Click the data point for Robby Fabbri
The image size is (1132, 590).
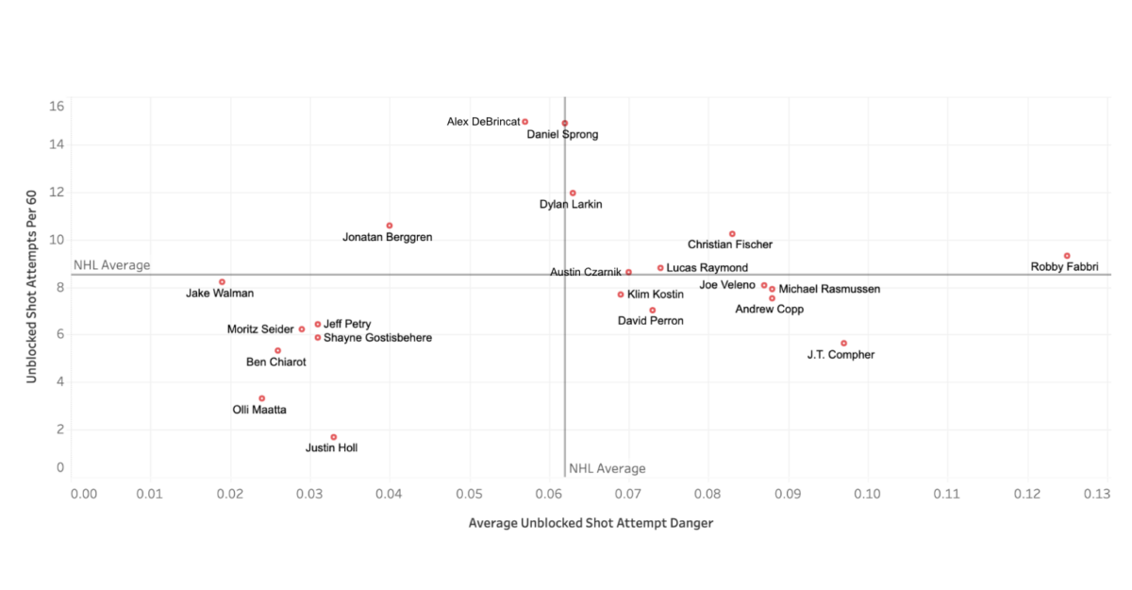pyautogui.click(x=1067, y=256)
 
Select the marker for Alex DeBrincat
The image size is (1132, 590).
pyautogui.click(x=525, y=122)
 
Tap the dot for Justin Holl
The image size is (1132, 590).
pyautogui.click(x=334, y=437)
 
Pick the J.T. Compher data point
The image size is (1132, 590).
pyautogui.click(x=843, y=344)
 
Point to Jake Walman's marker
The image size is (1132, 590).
pyautogui.click(x=223, y=282)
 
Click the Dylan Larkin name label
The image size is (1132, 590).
pyautogui.click(x=570, y=204)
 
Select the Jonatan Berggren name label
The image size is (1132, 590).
pyautogui.click(x=387, y=237)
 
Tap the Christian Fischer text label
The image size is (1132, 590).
pyautogui.click(x=729, y=244)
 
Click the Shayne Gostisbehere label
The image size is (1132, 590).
pyautogui.click(x=377, y=338)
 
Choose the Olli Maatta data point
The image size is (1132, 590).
pyautogui.click(x=262, y=398)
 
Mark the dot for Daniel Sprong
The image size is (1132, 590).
pyautogui.click(x=565, y=124)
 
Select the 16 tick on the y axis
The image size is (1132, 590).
pyautogui.click(x=58, y=106)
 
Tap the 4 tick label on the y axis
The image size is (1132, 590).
pyautogui.click(x=60, y=381)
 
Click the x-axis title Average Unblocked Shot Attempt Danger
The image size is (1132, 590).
pyautogui.click(x=591, y=523)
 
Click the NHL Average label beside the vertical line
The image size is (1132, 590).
pyautogui.click(x=607, y=469)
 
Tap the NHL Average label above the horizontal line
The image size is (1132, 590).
pyautogui.click(x=111, y=265)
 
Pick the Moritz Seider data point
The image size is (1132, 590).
pyautogui.click(x=302, y=329)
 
